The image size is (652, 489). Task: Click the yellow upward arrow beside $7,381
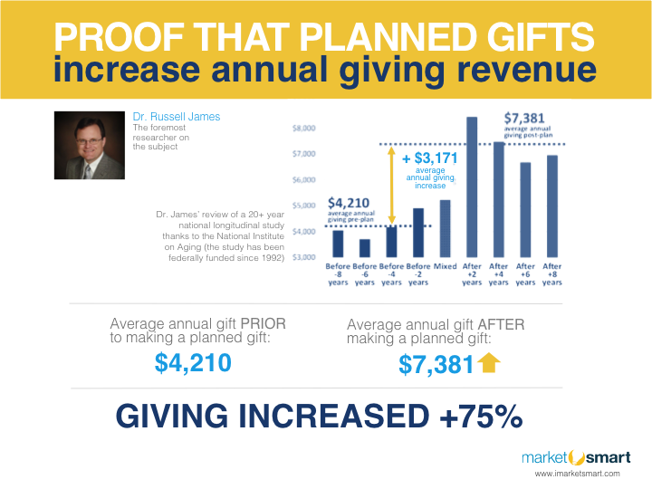(489, 364)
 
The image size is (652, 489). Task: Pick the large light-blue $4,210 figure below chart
(193, 363)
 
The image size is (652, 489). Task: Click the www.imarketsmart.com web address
(577, 474)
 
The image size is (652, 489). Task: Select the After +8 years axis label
(551, 274)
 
